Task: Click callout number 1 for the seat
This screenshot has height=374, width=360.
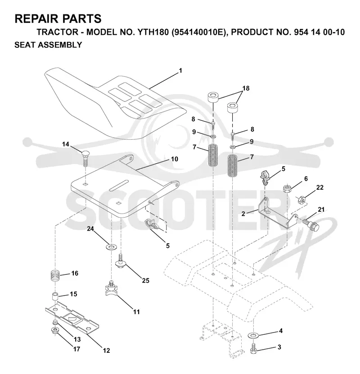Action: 180,71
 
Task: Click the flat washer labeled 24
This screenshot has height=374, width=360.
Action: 111,246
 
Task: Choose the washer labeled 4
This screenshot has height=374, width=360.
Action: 253,336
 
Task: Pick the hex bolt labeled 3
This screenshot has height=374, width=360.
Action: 253,349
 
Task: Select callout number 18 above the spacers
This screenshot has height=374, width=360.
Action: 246,88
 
